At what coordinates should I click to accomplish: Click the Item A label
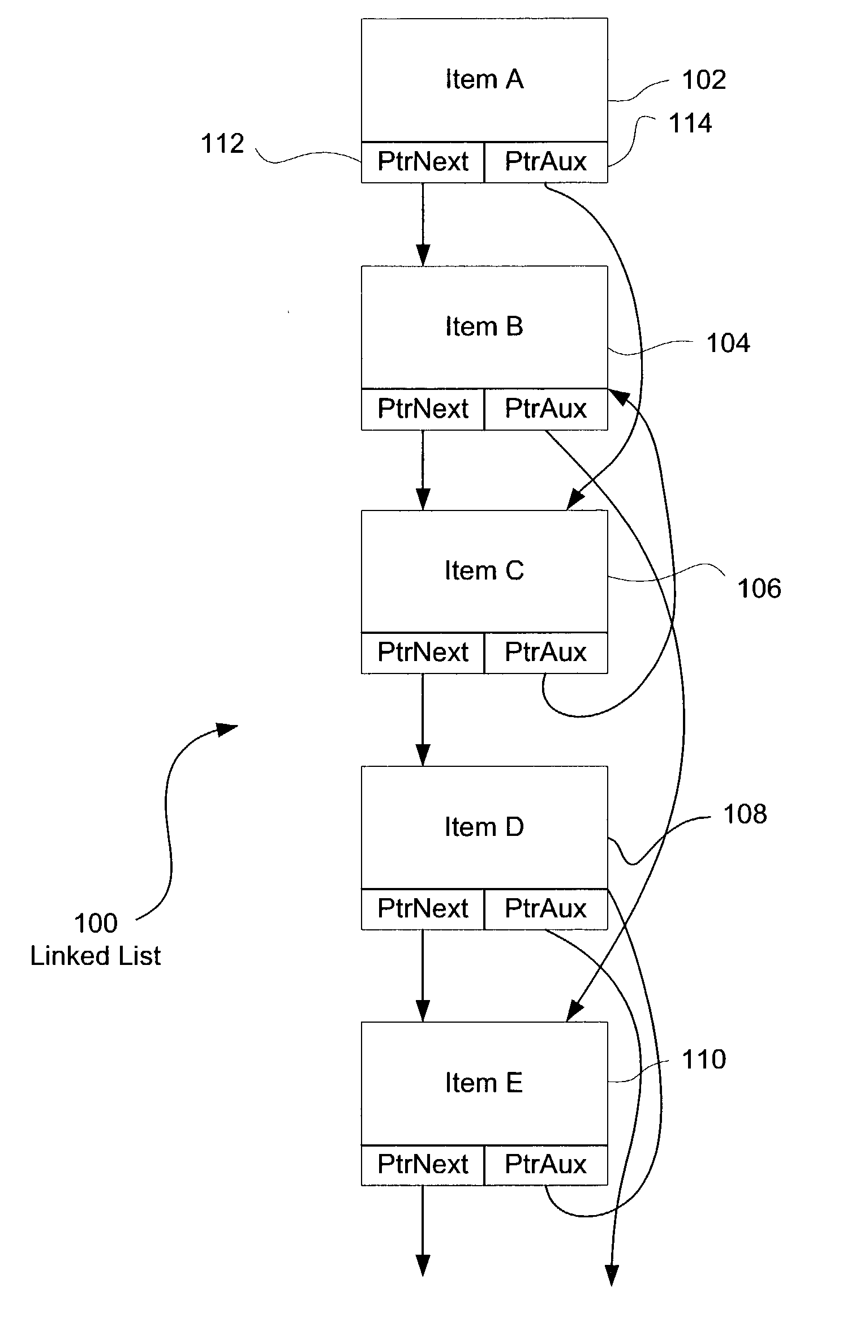pos(484,79)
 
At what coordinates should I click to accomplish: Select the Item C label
pos(484,570)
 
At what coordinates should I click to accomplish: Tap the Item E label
pos(484,1083)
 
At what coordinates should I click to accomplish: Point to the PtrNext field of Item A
pos(423,162)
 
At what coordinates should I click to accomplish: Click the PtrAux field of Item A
pos(546,162)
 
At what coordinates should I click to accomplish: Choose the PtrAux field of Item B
pos(546,409)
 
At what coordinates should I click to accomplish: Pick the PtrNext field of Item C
pos(423,653)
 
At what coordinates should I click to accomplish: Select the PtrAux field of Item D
pos(546,909)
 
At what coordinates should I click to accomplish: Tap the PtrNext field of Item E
pos(423,1165)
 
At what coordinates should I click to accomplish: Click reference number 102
pos(704,80)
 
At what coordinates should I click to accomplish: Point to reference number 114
pos(690,123)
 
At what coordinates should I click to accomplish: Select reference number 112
pos(222,144)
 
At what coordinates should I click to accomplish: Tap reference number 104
pos(728,344)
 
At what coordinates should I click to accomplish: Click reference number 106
pos(759,589)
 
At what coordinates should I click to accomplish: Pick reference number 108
pos(745,814)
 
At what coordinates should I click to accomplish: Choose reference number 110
pos(704,1059)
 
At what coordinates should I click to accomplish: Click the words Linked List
pos(96,956)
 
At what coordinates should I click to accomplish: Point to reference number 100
pos(96,923)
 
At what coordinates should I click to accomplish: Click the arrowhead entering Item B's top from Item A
pos(423,255)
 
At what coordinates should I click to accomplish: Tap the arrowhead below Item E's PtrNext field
pos(423,1265)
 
